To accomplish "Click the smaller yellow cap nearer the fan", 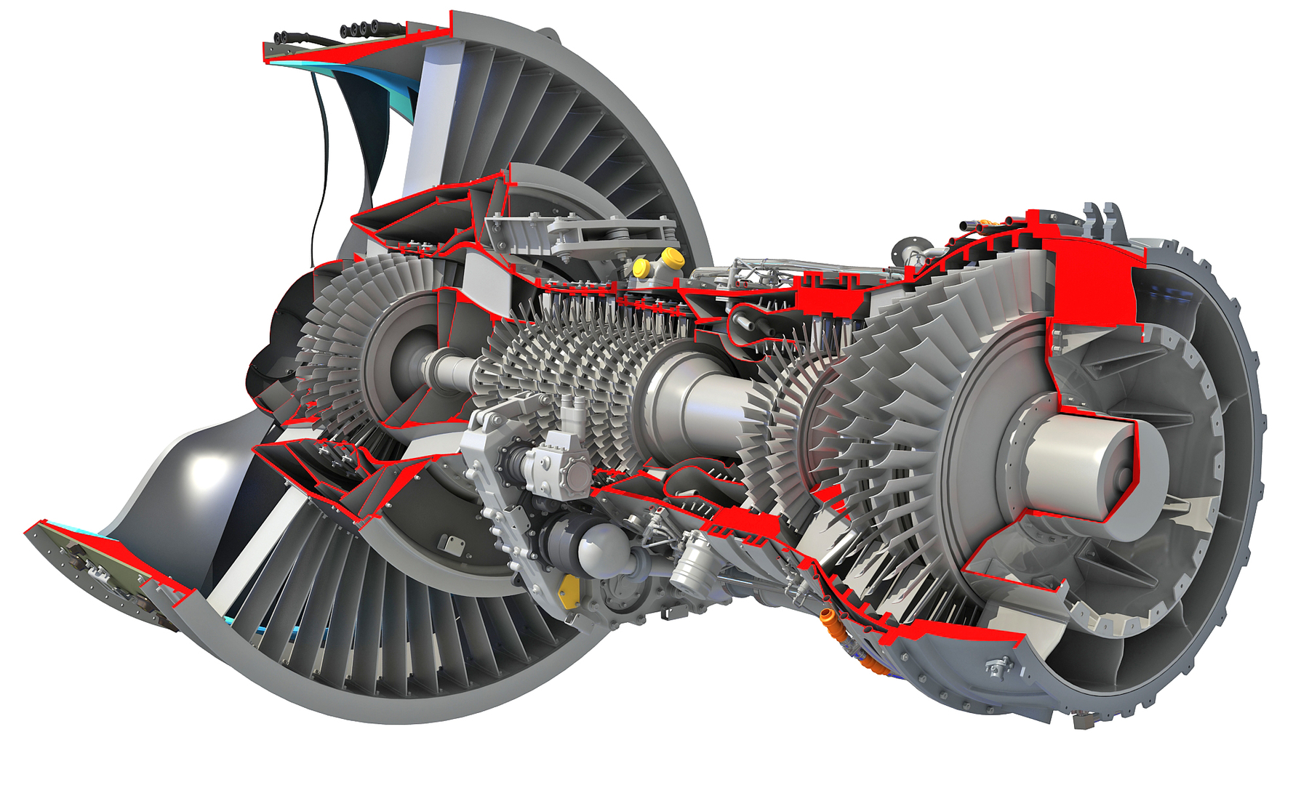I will [x=641, y=267].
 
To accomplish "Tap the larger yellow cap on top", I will [x=671, y=257].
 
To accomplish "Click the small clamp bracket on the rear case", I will [x=998, y=665].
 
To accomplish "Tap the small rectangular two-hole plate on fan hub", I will [x=454, y=544].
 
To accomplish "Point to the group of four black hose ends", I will [x=361, y=30].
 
